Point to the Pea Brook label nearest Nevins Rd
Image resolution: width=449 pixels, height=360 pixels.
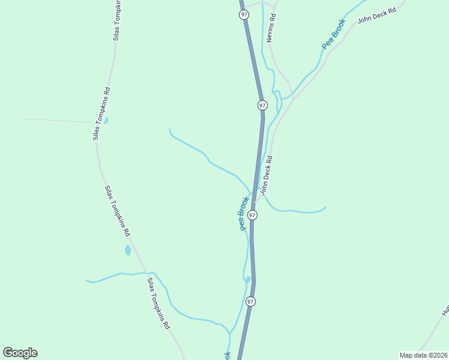[334, 34]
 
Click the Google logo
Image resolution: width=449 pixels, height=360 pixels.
[20, 353]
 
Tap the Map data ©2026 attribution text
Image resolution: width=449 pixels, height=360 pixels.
[423, 355]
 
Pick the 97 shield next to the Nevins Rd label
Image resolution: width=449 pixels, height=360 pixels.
[244, 14]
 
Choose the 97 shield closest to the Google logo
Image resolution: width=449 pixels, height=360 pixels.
[250, 301]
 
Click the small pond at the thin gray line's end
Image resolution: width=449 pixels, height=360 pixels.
[106, 120]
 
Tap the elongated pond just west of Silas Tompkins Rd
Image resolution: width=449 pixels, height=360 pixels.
[128, 250]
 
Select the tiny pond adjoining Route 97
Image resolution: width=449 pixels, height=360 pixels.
[247, 279]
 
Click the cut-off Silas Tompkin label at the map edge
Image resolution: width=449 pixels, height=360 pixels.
[117, 21]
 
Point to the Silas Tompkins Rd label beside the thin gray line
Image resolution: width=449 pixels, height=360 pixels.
[100, 114]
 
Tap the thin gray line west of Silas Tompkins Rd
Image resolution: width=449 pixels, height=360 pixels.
[60, 120]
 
